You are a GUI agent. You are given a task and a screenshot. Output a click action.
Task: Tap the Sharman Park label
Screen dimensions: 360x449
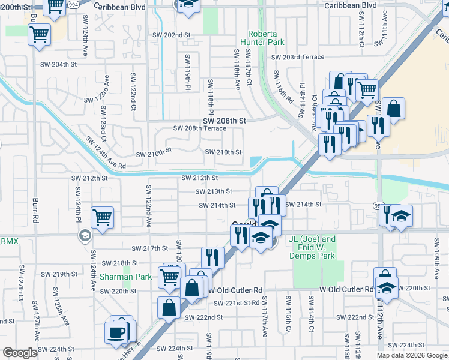[x=117, y=277]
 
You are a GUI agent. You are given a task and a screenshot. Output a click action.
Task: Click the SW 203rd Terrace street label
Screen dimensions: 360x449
[x=298, y=57]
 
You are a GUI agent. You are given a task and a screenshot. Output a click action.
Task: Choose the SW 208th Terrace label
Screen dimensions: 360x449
[x=199, y=128]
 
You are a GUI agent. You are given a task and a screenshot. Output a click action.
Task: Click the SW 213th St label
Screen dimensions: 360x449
[x=214, y=191]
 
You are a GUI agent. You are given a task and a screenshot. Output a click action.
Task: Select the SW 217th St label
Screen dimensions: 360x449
[x=150, y=248]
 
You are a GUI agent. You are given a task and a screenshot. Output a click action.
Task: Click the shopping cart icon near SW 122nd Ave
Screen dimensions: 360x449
[x=103, y=217]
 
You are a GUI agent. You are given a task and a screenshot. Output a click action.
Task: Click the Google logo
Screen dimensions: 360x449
[x=20, y=353]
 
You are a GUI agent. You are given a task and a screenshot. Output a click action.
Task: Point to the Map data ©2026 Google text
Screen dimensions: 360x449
[x=411, y=355]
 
